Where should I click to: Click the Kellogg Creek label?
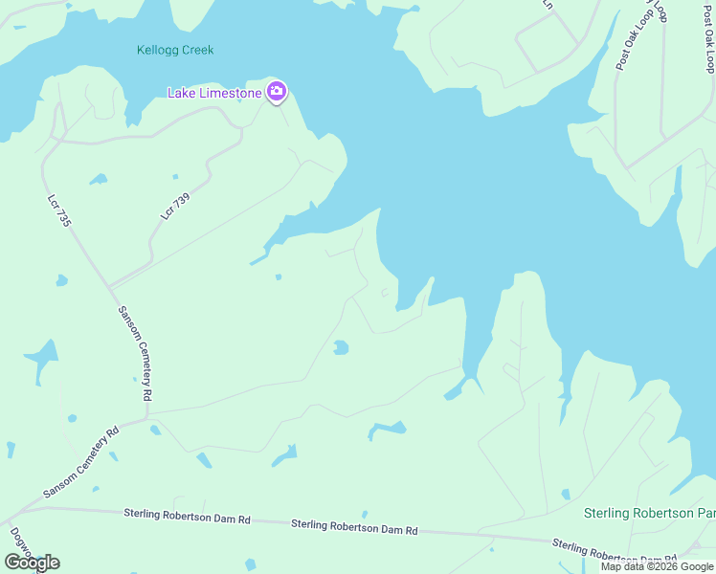click(175, 50)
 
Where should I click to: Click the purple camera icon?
click(277, 92)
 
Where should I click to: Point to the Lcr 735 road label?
click(60, 210)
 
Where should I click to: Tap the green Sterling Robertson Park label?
click(649, 514)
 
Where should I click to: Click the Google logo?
click(32, 563)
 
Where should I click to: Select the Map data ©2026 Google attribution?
click(658, 566)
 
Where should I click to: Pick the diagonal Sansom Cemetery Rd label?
click(80, 461)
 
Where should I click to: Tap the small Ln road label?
click(548, 4)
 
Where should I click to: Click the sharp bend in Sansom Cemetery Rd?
click(145, 417)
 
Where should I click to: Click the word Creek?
click(199, 50)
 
